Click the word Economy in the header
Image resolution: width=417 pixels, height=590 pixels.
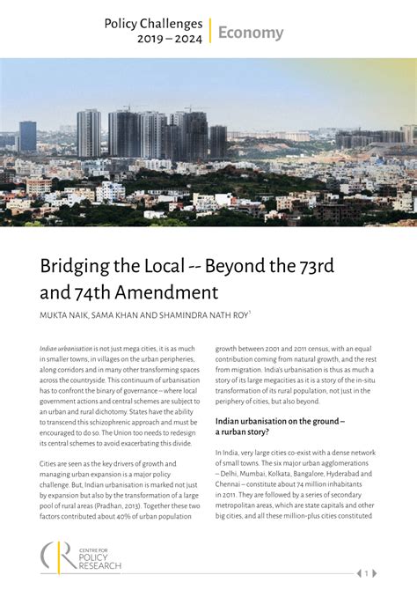pyautogui.click(x=251, y=33)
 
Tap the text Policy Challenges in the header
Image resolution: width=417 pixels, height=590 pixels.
pyautogui.click(x=153, y=24)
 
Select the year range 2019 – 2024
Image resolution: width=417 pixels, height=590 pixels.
pyautogui.click(x=170, y=39)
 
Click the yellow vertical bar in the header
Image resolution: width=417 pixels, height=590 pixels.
pyautogui.click(x=210, y=31)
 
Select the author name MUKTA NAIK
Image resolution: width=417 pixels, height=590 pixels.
pyautogui.click(x=67, y=314)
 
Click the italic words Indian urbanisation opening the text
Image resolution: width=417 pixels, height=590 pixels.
pyautogui.click(x=64, y=349)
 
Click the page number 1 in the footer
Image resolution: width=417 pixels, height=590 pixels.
pyautogui.click(x=366, y=573)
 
